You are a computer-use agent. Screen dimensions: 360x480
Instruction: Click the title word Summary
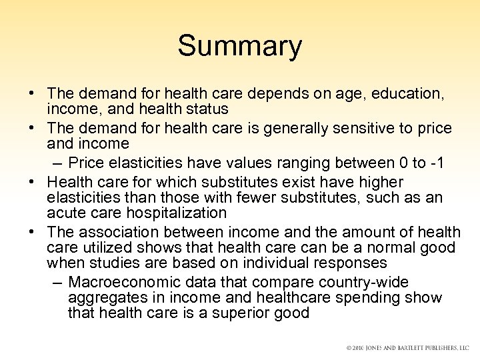[x=239, y=47]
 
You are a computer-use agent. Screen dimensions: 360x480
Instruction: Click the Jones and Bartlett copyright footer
[x=407, y=349]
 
